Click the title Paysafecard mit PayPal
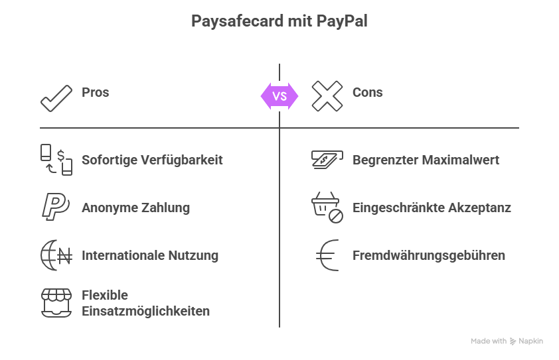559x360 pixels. tap(279, 21)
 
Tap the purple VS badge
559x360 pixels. tap(279, 96)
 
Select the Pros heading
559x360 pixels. tap(96, 92)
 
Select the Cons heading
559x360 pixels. tap(368, 92)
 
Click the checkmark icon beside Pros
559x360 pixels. tap(56, 97)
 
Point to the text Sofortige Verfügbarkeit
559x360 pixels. tap(152, 160)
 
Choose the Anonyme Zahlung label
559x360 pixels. tap(135, 208)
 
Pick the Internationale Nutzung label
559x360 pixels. tap(150, 255)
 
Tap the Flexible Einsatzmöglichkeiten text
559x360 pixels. tap(145, 303)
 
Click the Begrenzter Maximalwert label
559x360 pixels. tap(426, 160)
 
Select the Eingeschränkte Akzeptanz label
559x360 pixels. tap(432, 208)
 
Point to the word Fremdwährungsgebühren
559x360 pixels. tap(429, 255)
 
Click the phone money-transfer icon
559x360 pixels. tap(56, 160)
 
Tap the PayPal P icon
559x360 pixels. tap(56, 207)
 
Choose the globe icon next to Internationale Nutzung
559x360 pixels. tap(56, 255)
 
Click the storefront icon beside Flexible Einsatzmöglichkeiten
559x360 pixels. tap(56, 303)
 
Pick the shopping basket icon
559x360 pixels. tap(327, 208)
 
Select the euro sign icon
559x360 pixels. tap(327, 255)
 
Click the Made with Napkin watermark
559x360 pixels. tap(507, 341)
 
